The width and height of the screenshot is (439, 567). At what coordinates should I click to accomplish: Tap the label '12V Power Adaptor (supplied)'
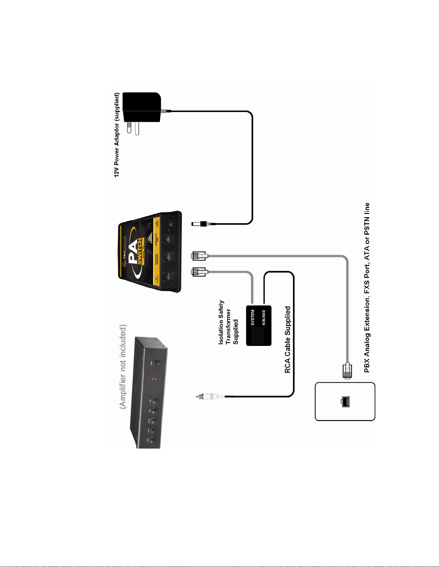[116, 135]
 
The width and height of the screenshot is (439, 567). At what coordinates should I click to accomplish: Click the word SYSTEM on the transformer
[252, 317]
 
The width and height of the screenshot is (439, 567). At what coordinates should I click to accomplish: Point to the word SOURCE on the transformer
[264, 317]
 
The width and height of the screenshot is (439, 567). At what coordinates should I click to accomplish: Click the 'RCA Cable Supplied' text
[287, 339]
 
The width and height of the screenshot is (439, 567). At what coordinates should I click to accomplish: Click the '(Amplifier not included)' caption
[123, 367]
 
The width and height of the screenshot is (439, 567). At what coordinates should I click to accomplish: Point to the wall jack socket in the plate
[345, 402]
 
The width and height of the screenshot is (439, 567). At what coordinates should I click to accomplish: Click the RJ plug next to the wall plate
[347, 370]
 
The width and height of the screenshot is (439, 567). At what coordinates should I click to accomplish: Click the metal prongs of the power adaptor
[133, 128]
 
